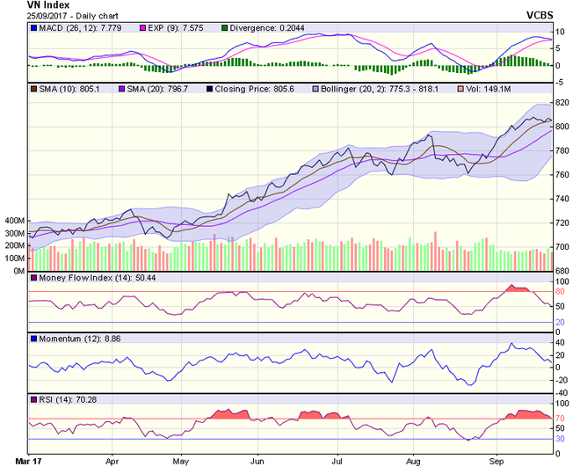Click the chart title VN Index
pos(25,5)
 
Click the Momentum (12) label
pos(65,339)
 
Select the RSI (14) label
pos(54,399)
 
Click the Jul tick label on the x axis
pos(337,459)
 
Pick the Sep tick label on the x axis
pos(496,459)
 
